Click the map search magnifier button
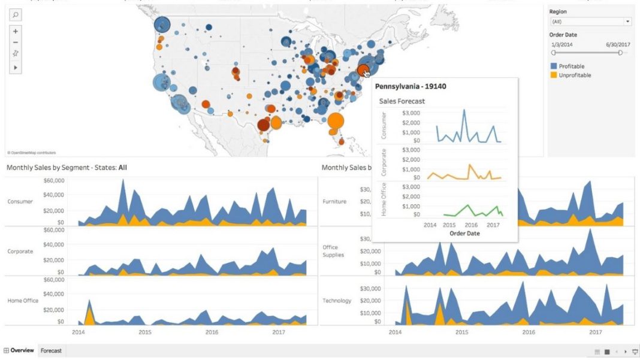coord(16,14)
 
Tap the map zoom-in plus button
coord(16,31)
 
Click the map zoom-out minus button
coord(16,43)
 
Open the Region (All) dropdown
coord(590,22)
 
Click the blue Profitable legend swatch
coord(554,66)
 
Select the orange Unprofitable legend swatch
coord(554,75)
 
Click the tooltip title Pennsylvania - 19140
coord(410,86)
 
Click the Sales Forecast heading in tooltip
coord(401,101)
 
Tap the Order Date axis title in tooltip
coord(464,234)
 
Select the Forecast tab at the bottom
coord(51,350)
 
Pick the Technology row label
coord(337,301)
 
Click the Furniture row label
coord(334,202)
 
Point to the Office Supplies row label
coord(333,251)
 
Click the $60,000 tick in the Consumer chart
coord(54,180)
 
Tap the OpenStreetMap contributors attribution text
coord(31,153)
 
